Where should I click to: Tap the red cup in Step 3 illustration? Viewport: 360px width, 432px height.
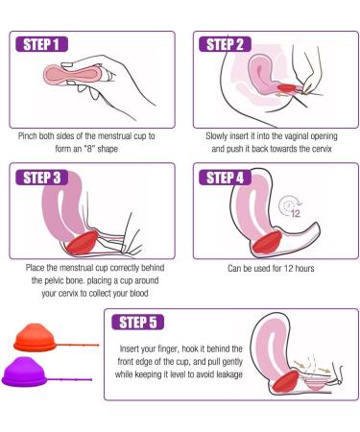pyautogui.click(x=85, y=238)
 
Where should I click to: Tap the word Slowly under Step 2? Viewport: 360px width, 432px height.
pyautogui.click(x=220, y=136)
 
